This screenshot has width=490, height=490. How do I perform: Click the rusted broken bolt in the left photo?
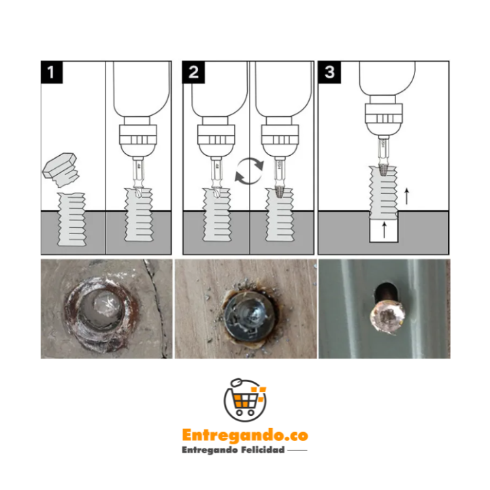coord(101,310)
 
